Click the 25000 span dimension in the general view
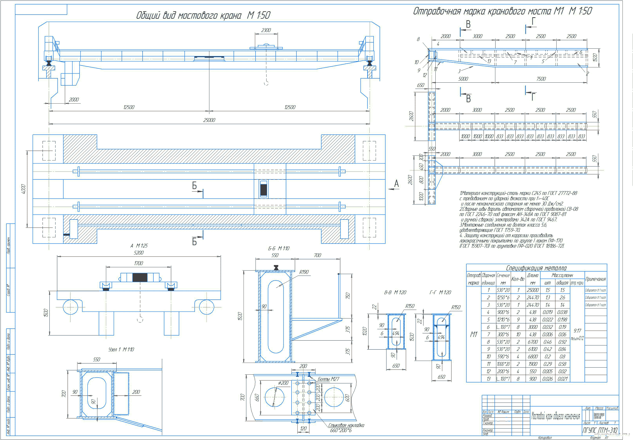(x=209, y=120)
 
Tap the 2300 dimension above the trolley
(x=266, y=30)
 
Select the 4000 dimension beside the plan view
(x=23, y=189)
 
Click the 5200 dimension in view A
(x=139, y=253)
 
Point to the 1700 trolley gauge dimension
(x=138, y=263)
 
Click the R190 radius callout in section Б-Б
(x=304, y=272)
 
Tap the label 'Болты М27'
(x=328, y=379)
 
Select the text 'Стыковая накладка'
(x=346, y=425)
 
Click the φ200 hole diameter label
(x=283, y=383)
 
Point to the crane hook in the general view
(x=266, y=83)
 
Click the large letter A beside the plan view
(x=396, y=183)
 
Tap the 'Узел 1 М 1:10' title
(x=121, y=349)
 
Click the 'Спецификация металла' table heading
(x=536, y=268)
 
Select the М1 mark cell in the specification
(x=473, y=334)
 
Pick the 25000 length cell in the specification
(x=532, y=290)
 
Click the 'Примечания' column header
(x=596, y=279)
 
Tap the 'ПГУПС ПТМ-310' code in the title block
(x=600, y=430)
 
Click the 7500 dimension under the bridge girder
(x=541, y=79)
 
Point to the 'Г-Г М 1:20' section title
(x=440, y=292)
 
